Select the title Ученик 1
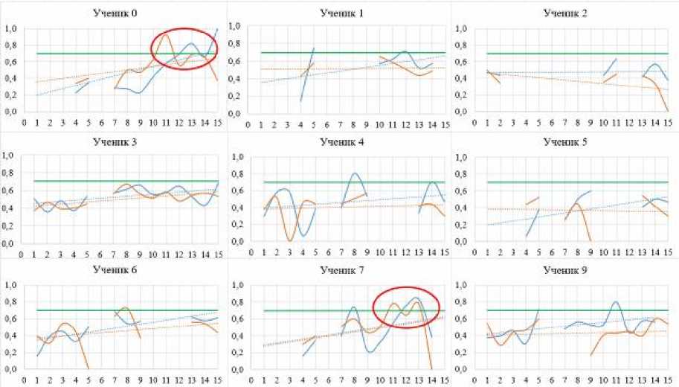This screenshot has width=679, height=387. tap(340, 13)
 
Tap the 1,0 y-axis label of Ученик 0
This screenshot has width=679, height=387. tap(11, 29)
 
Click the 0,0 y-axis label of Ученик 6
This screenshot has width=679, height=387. tap(11, 370)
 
